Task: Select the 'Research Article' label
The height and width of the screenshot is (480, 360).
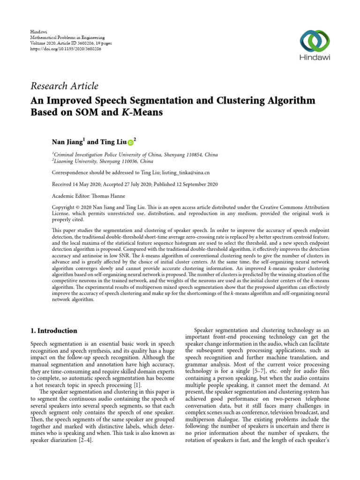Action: tap(64, 86)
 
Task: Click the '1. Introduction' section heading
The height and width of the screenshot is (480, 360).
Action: tap(53, 330)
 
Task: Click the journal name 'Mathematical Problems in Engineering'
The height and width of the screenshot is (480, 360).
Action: tap(67, 37)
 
